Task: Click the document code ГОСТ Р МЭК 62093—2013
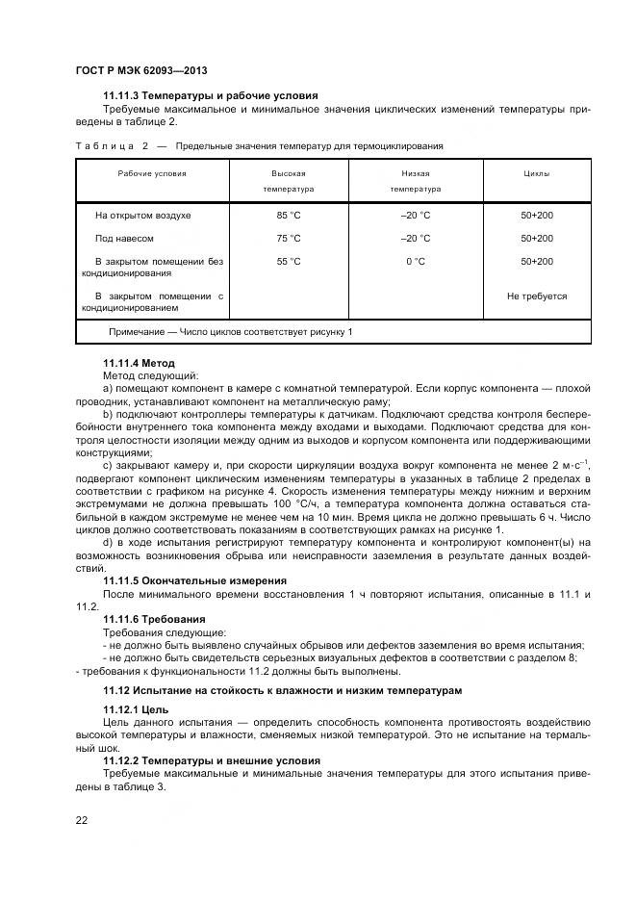click(x=141, y=71)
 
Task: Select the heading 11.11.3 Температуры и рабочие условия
click(x=210, y=95)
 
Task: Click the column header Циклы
click(x=536, y=173)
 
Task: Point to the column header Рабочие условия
click(x=152, y=173)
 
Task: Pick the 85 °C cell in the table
click(x=288, y=216)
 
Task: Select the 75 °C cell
click(x=288, y=239)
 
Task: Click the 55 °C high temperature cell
click(x=288, y=262)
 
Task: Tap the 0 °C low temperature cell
click(x=415, y=262)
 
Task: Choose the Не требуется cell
click(x=536, y=296)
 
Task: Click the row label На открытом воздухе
click(x=142, y=216)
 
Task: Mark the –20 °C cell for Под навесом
click(x=415, y=239)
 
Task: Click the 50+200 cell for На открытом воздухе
click(x=536, y=216)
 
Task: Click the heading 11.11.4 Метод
click(x=139, y=363)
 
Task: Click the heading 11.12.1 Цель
click(x=135, y=707)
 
